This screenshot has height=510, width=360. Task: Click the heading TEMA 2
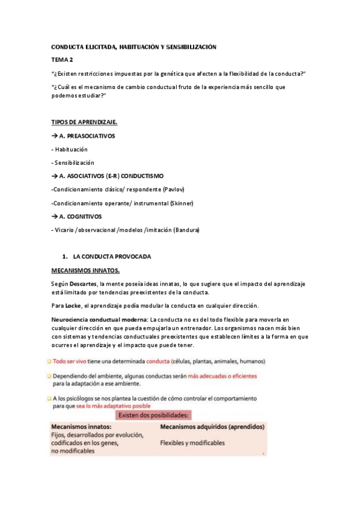point(62,60)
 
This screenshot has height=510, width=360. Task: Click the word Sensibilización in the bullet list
point(75,162)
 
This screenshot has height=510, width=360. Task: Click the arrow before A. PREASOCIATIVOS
point(55,136)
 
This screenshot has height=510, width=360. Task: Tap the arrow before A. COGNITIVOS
point(55,217)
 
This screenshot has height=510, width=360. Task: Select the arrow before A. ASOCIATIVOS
point(55,176)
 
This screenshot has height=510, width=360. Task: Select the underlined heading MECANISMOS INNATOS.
point(85,270)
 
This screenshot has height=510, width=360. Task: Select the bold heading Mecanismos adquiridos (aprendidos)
point(212,426)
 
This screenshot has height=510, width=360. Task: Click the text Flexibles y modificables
point(192,443)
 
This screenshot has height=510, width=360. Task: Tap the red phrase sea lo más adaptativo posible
point(109,406)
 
